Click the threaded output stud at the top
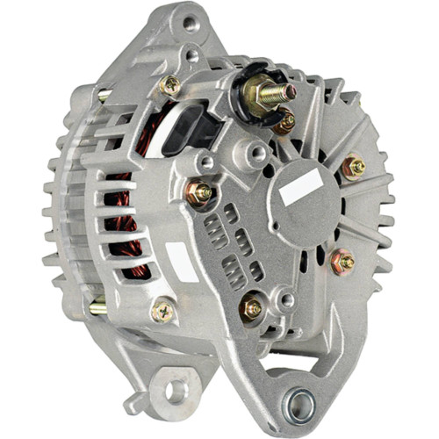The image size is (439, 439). point(283,91)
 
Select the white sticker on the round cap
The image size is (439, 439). point(302,187)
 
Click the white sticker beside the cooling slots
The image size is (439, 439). point(182,262)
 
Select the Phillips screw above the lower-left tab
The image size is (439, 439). point(163,310)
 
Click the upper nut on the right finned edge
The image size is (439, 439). point(354,167)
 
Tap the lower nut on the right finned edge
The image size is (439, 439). point(342,261)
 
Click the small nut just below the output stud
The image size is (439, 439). point(284,122)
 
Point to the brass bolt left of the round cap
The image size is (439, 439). point(198,192)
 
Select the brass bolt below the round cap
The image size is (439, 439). point(252,306)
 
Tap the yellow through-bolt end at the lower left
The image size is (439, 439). point(97,307)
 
